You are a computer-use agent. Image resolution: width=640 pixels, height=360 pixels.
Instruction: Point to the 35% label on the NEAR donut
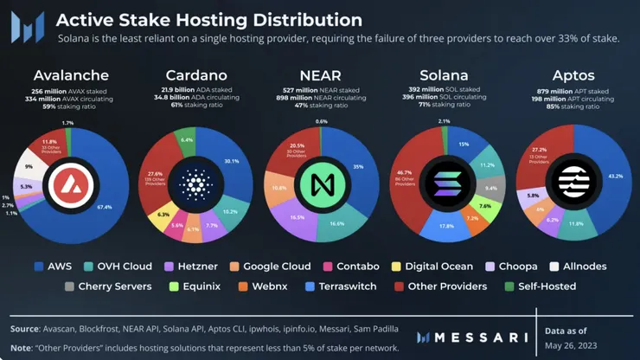tap(358, 167)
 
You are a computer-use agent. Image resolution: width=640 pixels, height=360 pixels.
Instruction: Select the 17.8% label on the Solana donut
tap(447, 226)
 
